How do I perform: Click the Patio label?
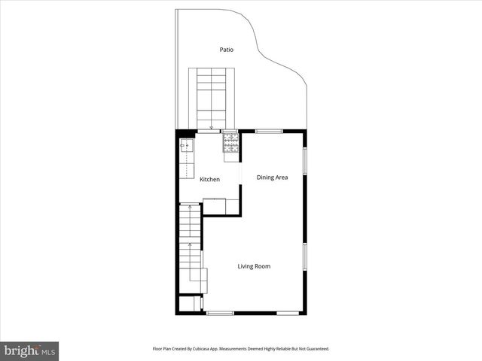click(226, 50)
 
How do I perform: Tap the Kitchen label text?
click(209, 179)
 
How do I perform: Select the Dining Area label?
click(273, 177)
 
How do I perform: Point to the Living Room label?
click(254, 266)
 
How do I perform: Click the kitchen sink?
click(186, 144)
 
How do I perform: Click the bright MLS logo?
click(29, 350)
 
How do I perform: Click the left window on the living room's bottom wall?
click(220, 313)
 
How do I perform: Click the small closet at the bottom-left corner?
click(188, 304)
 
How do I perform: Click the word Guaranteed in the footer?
click(316, 349)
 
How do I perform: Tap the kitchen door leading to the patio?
click(210, 131)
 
